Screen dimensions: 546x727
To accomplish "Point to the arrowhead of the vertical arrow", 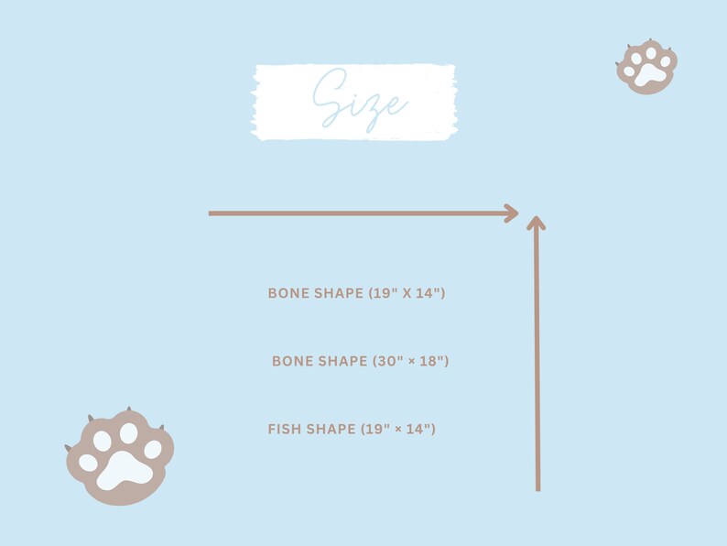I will [x=537, y=223].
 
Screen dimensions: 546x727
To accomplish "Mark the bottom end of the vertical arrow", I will [x=537, y=489].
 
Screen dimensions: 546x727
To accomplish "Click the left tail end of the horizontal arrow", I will [x=211, y=213].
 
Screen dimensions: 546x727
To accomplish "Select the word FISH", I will [x=285, y=429].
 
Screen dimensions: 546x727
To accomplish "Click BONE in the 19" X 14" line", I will [x=289, y=293].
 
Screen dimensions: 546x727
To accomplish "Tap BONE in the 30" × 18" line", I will [x=293, y=361].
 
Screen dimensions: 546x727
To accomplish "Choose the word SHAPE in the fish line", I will [x=331, y=429].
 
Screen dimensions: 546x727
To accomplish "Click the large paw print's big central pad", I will [x=125, y=469].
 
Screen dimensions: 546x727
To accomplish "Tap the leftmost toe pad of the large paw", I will [x=88, y=462].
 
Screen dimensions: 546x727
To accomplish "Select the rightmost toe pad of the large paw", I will [x=153, y=449].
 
